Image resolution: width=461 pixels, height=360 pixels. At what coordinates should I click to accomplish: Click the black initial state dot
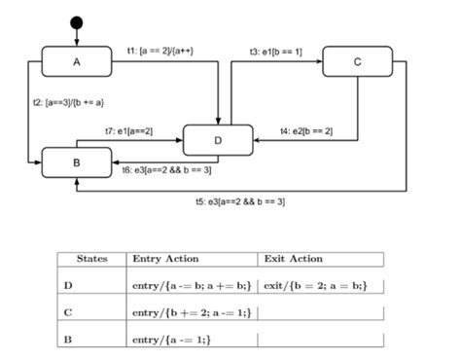point(77,22)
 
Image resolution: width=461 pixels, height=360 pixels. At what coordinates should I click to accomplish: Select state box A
point(77,62)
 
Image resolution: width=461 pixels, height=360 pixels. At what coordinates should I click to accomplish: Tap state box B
point(77,161)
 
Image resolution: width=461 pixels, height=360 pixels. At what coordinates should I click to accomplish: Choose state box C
point(357,62)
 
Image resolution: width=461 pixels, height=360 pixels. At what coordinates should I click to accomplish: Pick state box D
point(218,140)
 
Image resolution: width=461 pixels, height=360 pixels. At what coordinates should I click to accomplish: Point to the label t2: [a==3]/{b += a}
point(69,102)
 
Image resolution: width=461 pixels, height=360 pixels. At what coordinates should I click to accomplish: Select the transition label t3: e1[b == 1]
point(276,50)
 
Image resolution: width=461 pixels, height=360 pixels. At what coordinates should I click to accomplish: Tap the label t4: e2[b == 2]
point(306,130)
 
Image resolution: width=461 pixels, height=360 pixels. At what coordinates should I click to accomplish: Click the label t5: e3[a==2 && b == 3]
point(240,201)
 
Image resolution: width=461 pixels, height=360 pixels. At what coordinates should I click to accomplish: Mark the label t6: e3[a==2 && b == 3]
point(167,169)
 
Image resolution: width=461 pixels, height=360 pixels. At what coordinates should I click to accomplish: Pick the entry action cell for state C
point(186,312)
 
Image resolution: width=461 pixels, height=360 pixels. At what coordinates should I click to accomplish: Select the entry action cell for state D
point(192,285)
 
